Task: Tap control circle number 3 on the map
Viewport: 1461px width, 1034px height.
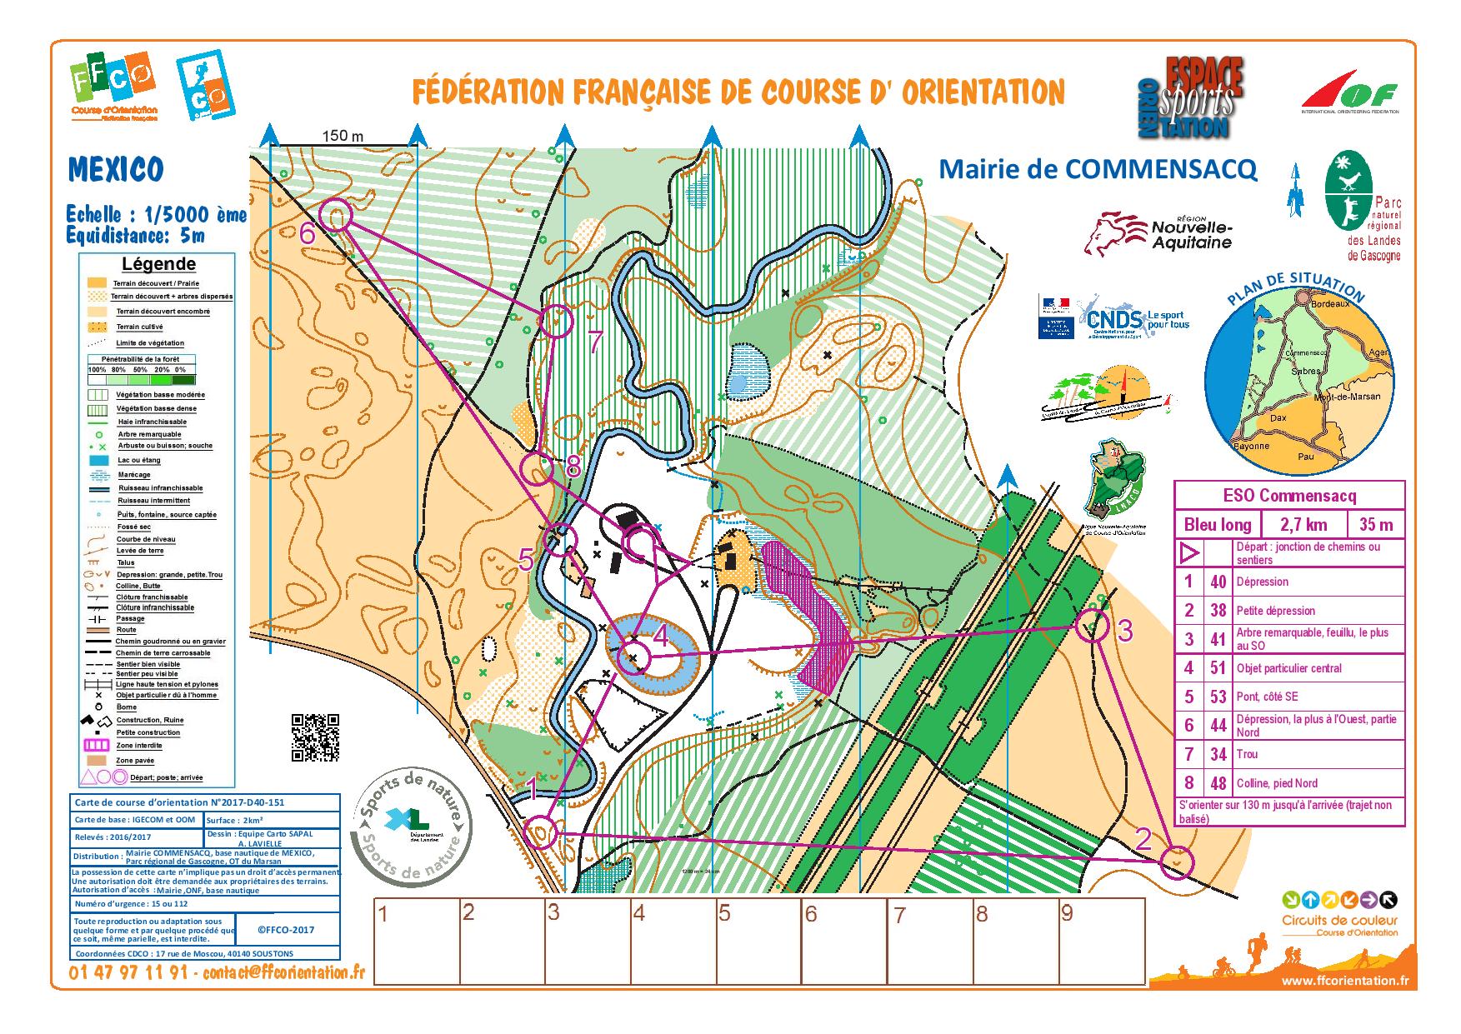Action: pyautogui.click(x=1092, y=626)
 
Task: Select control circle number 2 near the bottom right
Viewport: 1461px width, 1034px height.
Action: pyautogui.click(x=1177, y=861)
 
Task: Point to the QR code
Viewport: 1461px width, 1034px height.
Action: pyautogui.click(x=315, y=737)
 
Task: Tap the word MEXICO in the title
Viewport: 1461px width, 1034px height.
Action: pyautogui.click(x=115, y=170)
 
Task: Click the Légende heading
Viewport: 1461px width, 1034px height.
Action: pyautogui.click(x=158, y=264)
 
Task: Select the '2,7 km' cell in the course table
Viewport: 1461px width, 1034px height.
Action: pyautogui.click(x=1302, y=524)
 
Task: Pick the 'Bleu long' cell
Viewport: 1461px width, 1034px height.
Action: pyautogui.click(x=1217, y=524)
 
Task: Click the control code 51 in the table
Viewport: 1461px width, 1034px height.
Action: pyautogui.click(x=1218, y=667)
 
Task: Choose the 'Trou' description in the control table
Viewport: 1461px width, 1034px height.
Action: pyautogui.click(x=1248, y=754)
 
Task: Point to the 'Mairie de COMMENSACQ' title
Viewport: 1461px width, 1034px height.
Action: pyautogui.click(x=1098, y=169)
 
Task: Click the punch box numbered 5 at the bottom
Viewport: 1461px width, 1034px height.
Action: pyautogui.click(x=756, y=940)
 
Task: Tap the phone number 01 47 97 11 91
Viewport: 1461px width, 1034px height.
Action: pyautogui.click(x=130, y=972)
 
